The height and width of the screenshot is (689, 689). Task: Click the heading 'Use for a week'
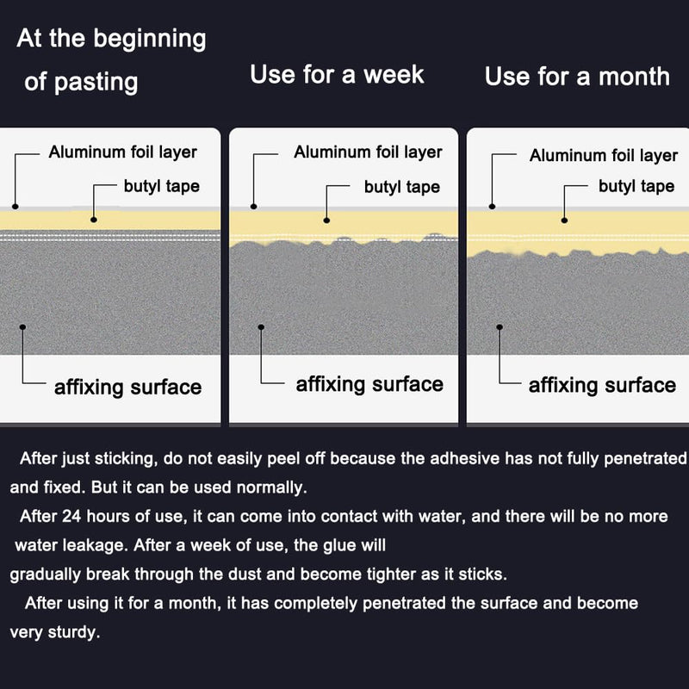(337, 74)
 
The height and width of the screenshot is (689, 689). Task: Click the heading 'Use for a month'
(577, 77)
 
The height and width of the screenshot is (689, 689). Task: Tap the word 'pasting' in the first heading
(96, 83)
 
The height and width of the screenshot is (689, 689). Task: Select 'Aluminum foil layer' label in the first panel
(122, 152)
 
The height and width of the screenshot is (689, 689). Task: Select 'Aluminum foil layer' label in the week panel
(368, 152)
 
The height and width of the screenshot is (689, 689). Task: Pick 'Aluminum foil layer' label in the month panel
(604, 156)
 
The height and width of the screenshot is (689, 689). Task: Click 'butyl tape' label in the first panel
(162, 186)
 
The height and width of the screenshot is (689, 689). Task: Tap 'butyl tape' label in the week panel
(402, 187)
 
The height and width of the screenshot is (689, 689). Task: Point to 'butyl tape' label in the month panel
(636, 186)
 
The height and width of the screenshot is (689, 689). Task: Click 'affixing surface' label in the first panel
(127, 388)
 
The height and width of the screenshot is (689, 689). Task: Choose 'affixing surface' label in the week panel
(369, 384)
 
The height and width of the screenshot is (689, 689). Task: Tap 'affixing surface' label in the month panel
(602, 385)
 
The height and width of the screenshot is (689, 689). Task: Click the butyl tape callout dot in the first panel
(94, 220)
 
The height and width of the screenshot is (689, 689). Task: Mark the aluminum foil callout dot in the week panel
(253, 207)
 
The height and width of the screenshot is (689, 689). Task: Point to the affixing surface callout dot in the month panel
(500, 327)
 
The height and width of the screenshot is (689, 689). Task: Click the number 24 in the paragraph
(71, 516)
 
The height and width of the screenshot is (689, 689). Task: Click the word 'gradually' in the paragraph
(46, 574)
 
